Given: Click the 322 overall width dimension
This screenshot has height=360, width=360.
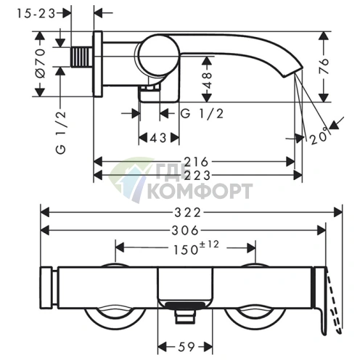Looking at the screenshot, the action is coord(188,213).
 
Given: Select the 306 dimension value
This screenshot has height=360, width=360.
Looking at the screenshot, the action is coord(185,230).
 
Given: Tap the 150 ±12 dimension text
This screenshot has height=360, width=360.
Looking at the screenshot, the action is coord(196,248).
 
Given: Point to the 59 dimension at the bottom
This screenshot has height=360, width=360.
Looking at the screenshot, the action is coord(187,347).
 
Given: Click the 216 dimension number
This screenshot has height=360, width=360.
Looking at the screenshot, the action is coord(196,162).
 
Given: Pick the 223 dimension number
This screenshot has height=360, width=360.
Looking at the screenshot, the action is coord(197,176).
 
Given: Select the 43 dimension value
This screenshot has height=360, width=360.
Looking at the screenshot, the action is coord(158,138).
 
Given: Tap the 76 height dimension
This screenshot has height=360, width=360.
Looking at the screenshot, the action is coord(324,65).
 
